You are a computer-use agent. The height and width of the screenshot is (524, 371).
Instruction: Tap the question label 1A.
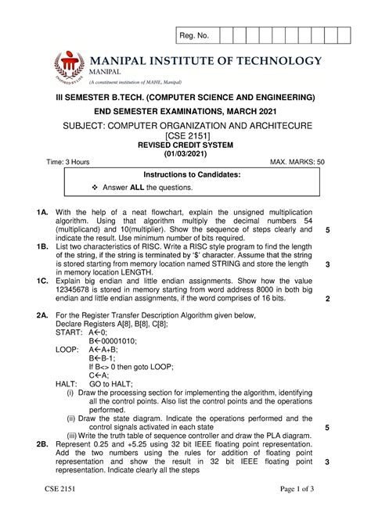(x=44, y=211)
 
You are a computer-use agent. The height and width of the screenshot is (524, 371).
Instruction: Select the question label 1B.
(x=44, y=245)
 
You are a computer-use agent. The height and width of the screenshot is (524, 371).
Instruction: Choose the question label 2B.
(x=44, y=443)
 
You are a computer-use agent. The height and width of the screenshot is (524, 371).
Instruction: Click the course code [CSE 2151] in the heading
(x=185, y=135)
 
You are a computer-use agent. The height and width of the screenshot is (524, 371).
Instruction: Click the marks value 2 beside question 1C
(x=327, y=298)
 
